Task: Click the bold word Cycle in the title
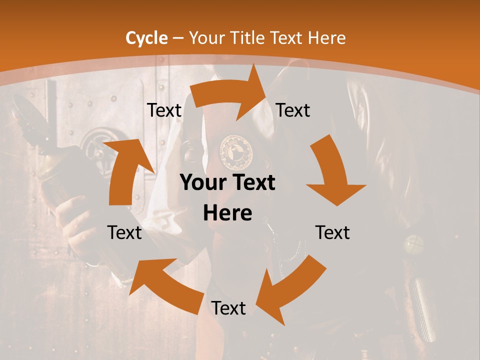click(x=146, y=38)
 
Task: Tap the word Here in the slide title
click(x=327, y=38)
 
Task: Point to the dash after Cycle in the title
click(x=177, y=38)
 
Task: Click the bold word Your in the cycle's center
click(x=202, y=183)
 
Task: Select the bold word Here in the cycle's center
click(x=227, y=213)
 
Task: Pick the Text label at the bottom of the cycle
click(x=228, y=308)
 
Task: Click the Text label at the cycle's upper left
click(x=164, y=110)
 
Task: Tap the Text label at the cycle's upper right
click(x=293, y=110)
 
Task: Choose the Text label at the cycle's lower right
click(x=332, y=232)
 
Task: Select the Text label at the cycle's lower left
click(x=124, y=232)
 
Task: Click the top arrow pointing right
click(x=230, y=92)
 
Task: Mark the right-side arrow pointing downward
click(x=333, y=172)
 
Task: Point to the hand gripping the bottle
click(x=75, y=220)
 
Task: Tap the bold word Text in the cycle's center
click(x=252, y=183)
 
